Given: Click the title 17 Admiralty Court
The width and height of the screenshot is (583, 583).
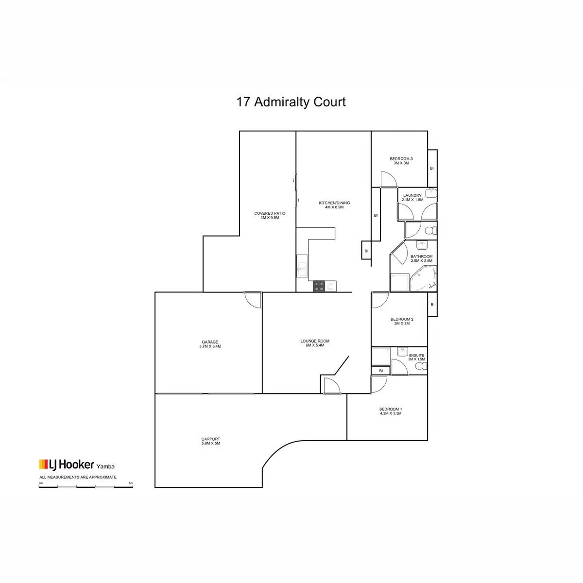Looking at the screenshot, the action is click(291, 102).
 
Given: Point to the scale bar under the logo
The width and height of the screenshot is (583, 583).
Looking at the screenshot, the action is click(86, 486).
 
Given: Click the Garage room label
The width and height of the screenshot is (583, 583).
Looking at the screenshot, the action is click(210, 344).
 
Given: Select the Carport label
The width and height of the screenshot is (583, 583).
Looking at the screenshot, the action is click(210, 441).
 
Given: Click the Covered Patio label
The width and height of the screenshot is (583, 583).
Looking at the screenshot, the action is click(270, 215).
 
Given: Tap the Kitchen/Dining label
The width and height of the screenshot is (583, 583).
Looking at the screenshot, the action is click(334, 205).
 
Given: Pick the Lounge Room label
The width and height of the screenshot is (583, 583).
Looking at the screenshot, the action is click(314, 343).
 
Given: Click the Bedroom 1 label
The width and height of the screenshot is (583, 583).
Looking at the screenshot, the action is click(390, 411).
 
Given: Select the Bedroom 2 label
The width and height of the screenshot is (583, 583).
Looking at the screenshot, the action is click(402, 321).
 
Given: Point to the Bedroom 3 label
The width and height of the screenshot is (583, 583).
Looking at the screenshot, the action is click(401, 161).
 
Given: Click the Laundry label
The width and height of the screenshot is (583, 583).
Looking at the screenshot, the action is click(412, 197).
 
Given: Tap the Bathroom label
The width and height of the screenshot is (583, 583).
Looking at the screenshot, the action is click(421, 258).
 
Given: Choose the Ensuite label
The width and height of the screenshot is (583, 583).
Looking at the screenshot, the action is click(416, 358).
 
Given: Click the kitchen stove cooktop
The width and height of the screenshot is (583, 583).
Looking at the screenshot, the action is click(319, 287).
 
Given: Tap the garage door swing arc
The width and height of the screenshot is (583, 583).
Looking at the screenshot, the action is click(253, 300).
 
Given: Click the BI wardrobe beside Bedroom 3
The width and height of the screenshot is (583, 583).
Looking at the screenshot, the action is click(431, 168).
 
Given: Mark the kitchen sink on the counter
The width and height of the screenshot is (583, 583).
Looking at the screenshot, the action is click(302, 268).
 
